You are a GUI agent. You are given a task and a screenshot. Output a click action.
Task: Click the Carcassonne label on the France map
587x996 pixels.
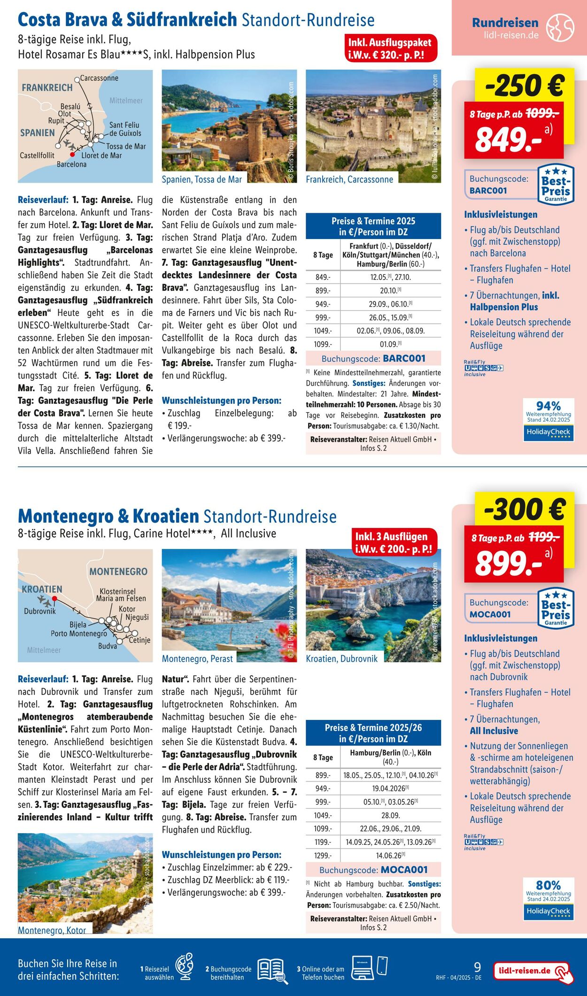(99, 78)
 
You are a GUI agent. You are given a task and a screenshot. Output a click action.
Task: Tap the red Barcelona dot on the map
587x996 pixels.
(72, 154)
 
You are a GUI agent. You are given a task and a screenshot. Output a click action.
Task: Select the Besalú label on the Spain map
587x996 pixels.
(70, 107)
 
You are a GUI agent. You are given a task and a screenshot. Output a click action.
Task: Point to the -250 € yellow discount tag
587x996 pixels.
(525, 85)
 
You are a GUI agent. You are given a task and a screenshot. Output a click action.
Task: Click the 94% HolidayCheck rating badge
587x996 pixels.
(548, 420)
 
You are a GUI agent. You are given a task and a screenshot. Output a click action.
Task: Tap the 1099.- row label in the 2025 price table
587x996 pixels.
(323, 344)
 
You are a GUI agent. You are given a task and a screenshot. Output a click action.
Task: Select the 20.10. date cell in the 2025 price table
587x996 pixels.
(390, 291)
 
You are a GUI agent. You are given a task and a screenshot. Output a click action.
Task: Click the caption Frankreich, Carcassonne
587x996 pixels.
(349, 179)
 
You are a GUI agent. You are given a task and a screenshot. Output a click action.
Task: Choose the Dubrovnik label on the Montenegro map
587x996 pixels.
(40, 611)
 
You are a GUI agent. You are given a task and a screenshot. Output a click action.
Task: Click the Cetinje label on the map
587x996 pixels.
(139, 640)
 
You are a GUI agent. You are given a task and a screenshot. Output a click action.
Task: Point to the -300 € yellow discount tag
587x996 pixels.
(525, 510)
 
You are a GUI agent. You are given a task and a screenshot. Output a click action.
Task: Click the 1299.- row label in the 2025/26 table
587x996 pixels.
(323, 856)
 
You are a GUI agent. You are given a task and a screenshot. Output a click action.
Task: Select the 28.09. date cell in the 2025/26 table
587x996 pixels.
(390, 816)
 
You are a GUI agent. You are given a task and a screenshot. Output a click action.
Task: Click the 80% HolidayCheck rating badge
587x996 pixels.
(548, 899)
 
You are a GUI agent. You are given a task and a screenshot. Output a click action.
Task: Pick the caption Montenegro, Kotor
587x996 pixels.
(52, 930)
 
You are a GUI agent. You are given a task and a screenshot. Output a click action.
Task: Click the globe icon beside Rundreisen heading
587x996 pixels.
(560, 28)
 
